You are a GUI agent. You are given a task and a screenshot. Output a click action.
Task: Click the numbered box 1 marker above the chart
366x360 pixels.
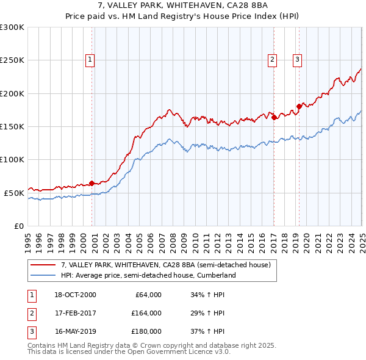click(90, 60)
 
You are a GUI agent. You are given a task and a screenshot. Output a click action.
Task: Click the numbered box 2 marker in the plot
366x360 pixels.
click(271, 60)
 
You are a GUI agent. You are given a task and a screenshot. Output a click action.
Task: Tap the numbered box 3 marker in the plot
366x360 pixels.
click(297, 60)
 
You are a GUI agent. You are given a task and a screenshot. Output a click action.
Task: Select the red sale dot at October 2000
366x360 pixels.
click(92, 183)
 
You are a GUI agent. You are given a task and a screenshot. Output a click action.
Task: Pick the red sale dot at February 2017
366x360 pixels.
click(274, 117)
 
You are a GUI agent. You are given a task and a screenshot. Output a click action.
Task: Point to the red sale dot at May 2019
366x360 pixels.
click(299, 106)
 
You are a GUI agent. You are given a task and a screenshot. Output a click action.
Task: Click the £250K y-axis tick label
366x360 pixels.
click(12, 60)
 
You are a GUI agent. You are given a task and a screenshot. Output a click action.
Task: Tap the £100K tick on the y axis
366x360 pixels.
click(12, 159)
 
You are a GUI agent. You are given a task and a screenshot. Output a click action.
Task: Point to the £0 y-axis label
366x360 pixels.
click(18, 226)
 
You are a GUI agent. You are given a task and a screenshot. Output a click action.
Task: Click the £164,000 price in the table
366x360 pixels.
click(146, 313)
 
